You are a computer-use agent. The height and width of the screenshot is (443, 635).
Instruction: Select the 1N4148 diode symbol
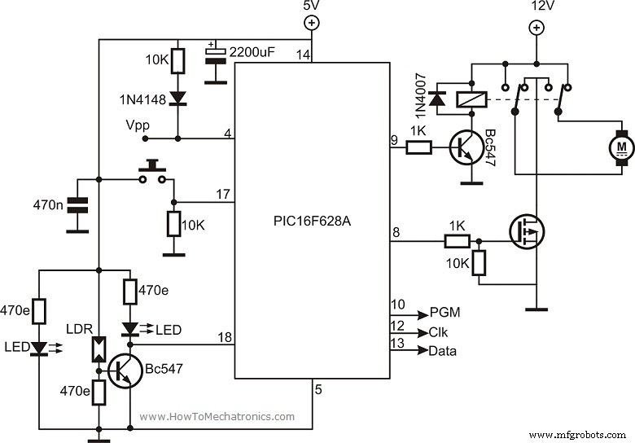pyautogui.click(x=178, y=98)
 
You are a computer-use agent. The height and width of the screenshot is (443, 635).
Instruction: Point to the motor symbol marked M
pyautogui.click(x=621, y=147)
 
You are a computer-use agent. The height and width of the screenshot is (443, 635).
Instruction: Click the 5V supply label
pyautogui.click(x=311, y=7)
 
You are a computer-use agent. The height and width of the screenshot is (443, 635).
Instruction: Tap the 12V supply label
pyautogui.click(x=536, y=7)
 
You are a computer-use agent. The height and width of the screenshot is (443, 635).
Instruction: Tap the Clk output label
pyautogui.click(x=438, y=332)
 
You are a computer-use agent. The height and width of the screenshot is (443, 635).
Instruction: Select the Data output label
pyautogui.click(x=443, y=351)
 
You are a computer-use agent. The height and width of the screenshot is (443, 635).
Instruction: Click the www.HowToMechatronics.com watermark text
pyautogui.click(x=217, y=416)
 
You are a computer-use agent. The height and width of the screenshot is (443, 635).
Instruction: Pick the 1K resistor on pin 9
pyautogui.click(x=418, y=147)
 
